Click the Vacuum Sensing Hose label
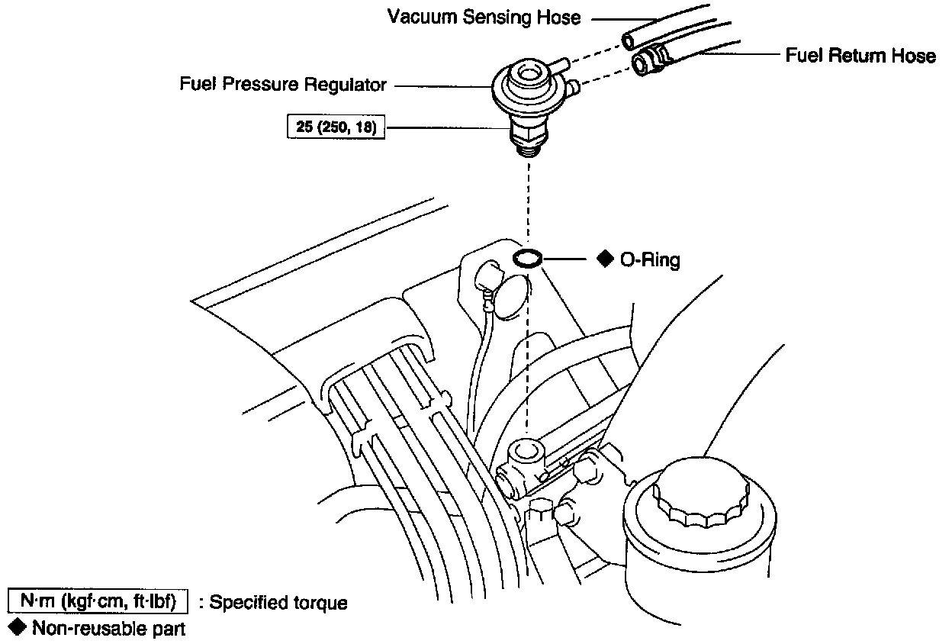point(484,17)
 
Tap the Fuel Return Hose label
point(860,56)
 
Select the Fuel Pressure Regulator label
point(283,84)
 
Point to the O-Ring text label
point(650,260)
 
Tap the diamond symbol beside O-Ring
point(605,259)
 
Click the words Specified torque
point(278,603)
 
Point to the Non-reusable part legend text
point(109,629)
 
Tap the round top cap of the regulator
point(526,75)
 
